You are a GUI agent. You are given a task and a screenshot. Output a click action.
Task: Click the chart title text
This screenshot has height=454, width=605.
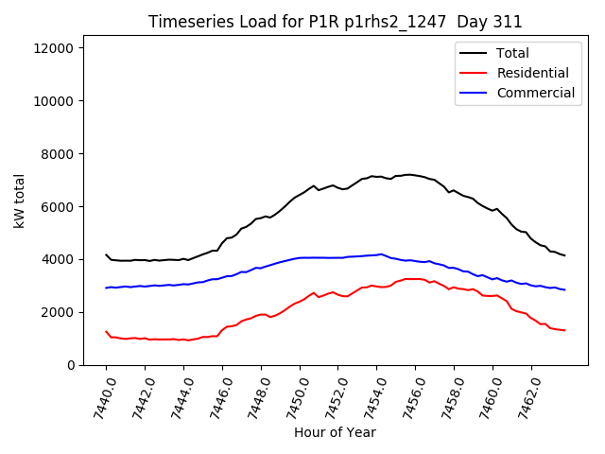336,22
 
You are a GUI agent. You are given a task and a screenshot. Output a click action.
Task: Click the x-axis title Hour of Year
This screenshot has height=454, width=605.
336,432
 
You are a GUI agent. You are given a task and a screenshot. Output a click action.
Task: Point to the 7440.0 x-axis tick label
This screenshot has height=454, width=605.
100,395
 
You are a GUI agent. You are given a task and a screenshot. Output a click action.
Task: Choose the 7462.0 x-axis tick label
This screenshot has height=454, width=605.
526,395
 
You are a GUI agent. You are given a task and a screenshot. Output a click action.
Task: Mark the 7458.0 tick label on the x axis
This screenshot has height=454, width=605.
448,395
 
